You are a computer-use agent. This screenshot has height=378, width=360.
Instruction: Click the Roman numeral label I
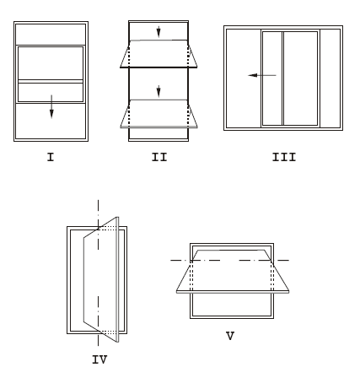tap(51, 157)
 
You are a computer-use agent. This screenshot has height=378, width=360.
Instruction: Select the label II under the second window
tap(159, 157)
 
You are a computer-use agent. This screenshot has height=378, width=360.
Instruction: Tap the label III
tap(284, 157)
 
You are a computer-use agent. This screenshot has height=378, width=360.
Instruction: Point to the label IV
tap(99, 359)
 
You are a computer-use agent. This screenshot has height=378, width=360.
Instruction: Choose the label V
tap(230, 336)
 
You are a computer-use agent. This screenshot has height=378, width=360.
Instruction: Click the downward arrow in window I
tap(51, 106)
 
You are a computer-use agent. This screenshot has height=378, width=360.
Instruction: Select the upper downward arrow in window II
tap(159, 32)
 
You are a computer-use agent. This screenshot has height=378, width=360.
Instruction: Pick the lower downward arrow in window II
tap(159, 91)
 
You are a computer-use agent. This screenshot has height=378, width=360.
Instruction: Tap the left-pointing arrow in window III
tap(262, 75)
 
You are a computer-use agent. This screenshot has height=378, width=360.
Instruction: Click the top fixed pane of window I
tap(51, 35)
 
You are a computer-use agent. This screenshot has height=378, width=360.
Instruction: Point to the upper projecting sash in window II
tap(159, 54)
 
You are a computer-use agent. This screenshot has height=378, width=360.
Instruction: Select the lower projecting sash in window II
tap(159, 114)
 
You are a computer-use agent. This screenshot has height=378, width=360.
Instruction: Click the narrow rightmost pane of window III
tap(330, 78)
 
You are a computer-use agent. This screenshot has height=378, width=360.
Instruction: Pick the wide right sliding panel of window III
tap(300, 78)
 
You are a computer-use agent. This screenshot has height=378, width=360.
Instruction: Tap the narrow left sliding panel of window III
tap(272, 78)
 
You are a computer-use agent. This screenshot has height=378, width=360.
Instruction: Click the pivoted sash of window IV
tap(101, 279)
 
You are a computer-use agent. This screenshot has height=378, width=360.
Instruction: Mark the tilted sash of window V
tap(233, 272)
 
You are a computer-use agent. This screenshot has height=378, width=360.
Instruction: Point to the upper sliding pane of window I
tap(51, 63)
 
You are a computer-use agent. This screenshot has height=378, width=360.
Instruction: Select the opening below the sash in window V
tap(232, 305)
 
